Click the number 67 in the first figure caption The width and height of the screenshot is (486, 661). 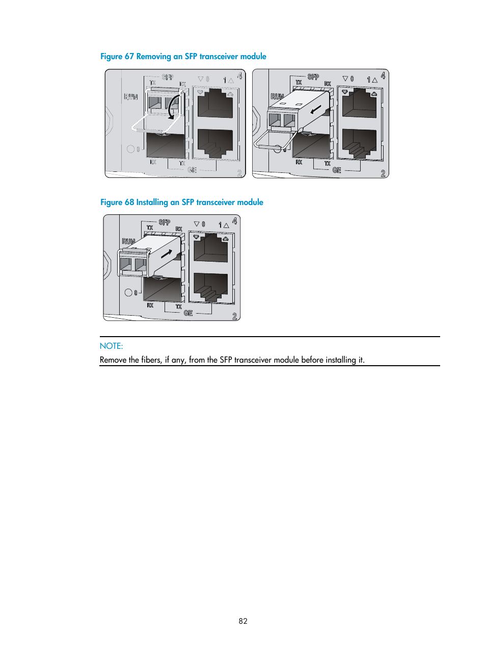click(129, 57)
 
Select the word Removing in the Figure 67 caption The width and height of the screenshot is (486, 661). click(153, 57)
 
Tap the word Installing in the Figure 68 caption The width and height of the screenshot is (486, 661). click(152, 202)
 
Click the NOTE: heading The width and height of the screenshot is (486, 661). click(111, 346)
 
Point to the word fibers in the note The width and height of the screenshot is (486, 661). click(151, 360)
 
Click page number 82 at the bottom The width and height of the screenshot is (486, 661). click(243, 621)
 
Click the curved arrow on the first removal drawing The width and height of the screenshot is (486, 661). click(174, 106)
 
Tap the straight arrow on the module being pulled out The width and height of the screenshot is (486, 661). click(316, 110)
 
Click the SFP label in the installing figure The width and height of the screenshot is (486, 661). click(165, 222)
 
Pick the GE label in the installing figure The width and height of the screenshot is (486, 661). click(188, 313)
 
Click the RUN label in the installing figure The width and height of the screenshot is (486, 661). click(128, 241)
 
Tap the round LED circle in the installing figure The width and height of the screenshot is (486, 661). click(128, 293)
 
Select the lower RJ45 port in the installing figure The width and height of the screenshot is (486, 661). click(210, 287)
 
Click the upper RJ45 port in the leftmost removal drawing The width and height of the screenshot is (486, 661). click(215, 104)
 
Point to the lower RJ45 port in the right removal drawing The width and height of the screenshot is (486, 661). click(359, 143)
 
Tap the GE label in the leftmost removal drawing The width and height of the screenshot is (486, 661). click(192, 170)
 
